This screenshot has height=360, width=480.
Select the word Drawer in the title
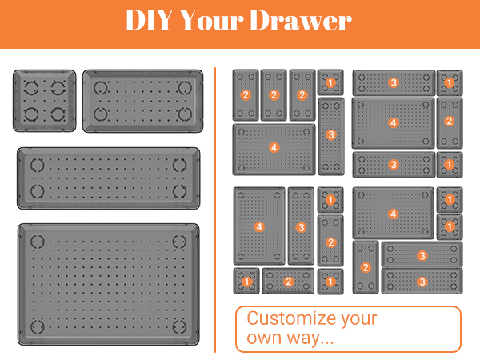[x=309, y=22]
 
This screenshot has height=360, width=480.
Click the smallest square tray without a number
[x=44, y=101]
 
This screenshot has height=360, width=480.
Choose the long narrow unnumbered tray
[x=108, y=177]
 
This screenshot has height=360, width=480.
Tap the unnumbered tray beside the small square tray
[x=140, y=101]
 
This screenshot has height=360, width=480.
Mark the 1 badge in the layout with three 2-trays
[x=330, y=82]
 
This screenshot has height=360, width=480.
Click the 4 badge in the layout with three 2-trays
[x=274, y=148]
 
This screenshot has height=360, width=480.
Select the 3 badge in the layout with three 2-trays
[x=330, y=135]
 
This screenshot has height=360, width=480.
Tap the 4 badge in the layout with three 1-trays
[x=259, y=227]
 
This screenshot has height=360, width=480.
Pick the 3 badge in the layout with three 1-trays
[x=301, y=227]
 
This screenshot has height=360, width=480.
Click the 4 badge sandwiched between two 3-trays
[x=393, y=122]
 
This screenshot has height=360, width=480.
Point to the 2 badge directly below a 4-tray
[x=366, y=267]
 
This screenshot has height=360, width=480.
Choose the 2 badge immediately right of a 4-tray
[x=449, y=121]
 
